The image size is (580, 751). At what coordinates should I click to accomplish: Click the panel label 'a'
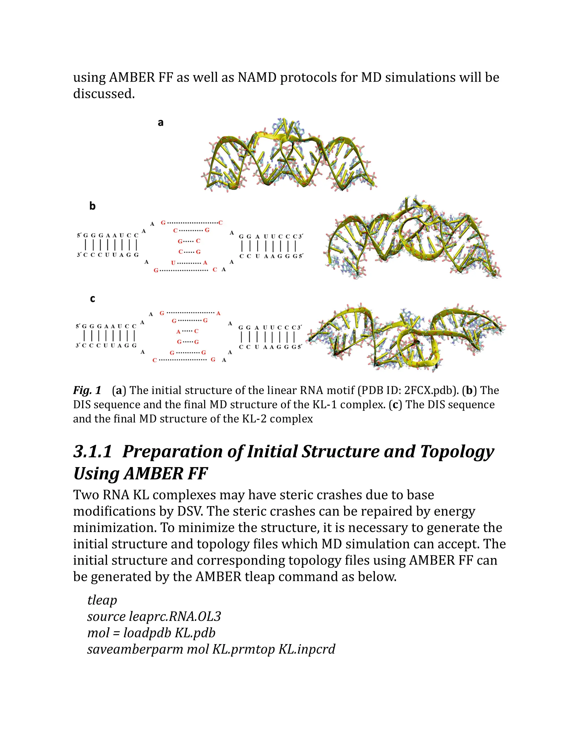[x=161, y=123]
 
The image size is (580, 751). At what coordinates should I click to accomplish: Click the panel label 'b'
[x=92, y=206]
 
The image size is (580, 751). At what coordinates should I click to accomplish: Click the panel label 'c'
[x=92, y=299]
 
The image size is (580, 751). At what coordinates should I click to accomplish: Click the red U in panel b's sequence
[x=173, y=263]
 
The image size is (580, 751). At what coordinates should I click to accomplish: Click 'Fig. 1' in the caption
[x=87, y=390]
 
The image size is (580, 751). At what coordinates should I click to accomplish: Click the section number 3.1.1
[x=93, y=451]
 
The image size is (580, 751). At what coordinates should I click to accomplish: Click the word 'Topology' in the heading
[x=457, y=451]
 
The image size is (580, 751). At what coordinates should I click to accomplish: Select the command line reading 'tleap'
[x=102, y=600]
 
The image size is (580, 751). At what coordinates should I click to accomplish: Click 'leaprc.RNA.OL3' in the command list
[x=175, y=617]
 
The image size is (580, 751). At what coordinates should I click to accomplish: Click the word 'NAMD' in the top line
[x=257, y=77]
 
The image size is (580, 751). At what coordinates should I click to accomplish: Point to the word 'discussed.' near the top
[x=104, y=94]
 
